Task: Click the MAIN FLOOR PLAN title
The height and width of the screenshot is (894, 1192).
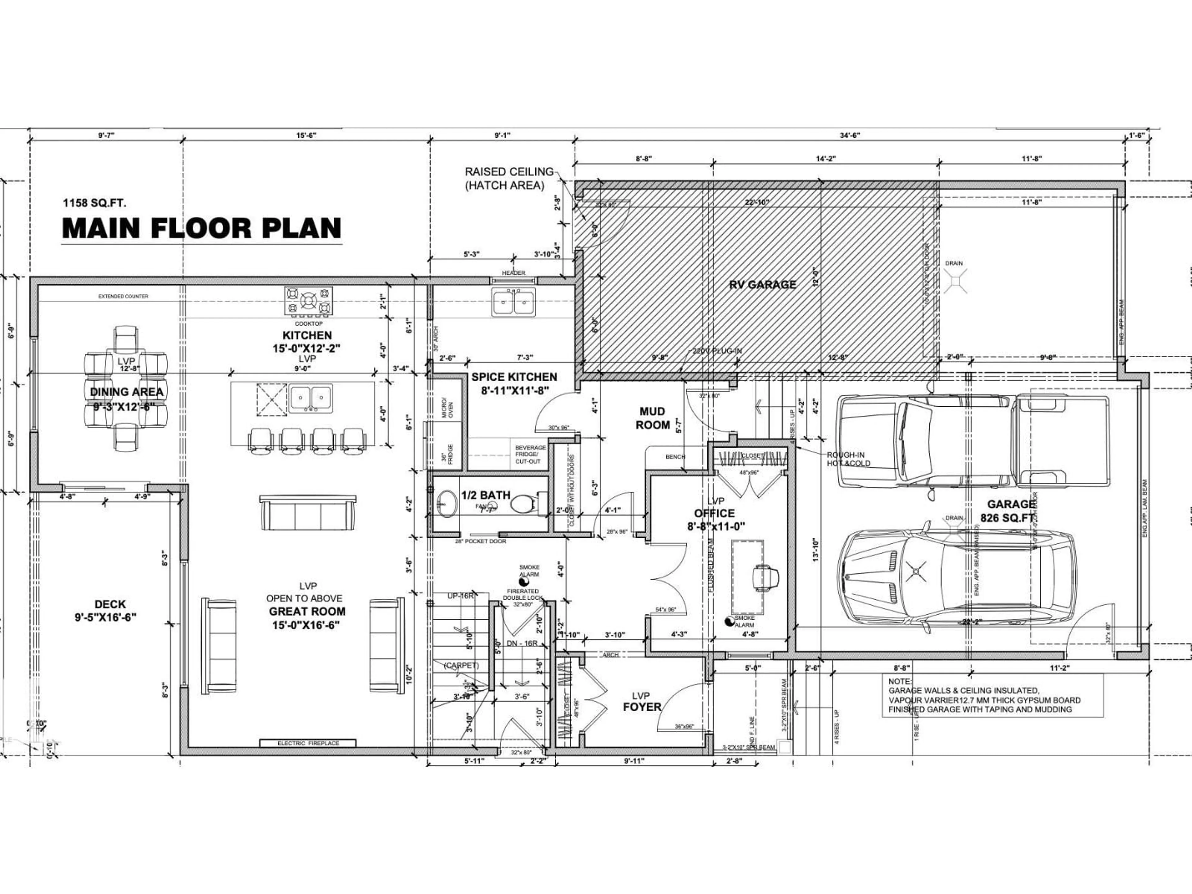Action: tap(201, 228)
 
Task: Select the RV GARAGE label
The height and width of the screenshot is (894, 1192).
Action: tap(762, 285)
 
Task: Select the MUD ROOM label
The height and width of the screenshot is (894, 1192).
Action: tap(652, 418)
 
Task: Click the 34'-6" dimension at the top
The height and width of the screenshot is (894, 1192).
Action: tap(850, 135)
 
